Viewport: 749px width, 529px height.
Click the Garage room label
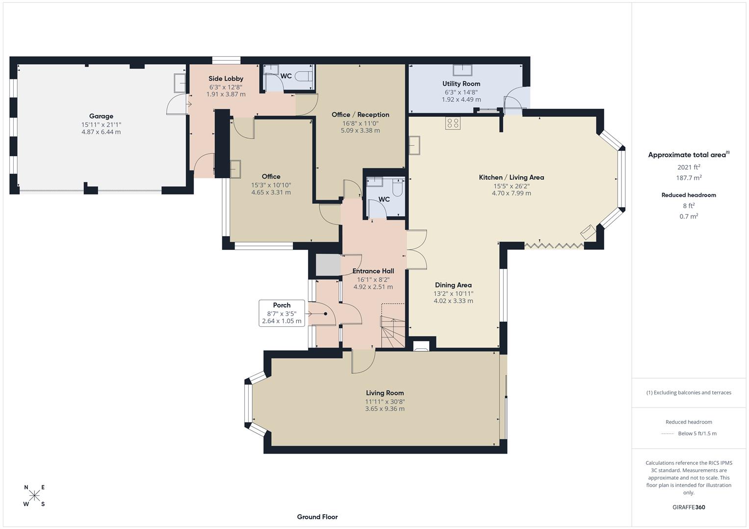click(101, 116)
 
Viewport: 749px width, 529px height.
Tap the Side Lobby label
click(226, 78)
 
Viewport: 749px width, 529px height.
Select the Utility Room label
click(461, 84)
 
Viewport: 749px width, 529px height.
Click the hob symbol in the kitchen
click(453, 123)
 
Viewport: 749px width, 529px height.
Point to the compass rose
click(34, 496)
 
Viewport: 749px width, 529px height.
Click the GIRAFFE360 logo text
click(689, 507)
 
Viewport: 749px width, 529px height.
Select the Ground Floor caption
click(317, 517)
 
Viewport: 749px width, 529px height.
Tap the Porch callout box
click(282, 313)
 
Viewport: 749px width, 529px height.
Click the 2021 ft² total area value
click(689, 167)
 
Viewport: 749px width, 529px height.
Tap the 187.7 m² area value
click(689, 178)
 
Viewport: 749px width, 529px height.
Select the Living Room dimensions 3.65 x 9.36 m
click(385, 409)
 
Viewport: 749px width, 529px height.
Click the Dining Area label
click(453, 285)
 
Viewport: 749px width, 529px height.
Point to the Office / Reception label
click(360, 115)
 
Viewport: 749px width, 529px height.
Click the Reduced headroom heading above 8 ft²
click(689, 195)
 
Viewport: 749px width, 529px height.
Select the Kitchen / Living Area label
click(511, 177)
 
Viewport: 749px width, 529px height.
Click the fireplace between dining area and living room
click(422, 346)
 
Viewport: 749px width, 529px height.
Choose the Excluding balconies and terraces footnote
click(689, 392)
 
